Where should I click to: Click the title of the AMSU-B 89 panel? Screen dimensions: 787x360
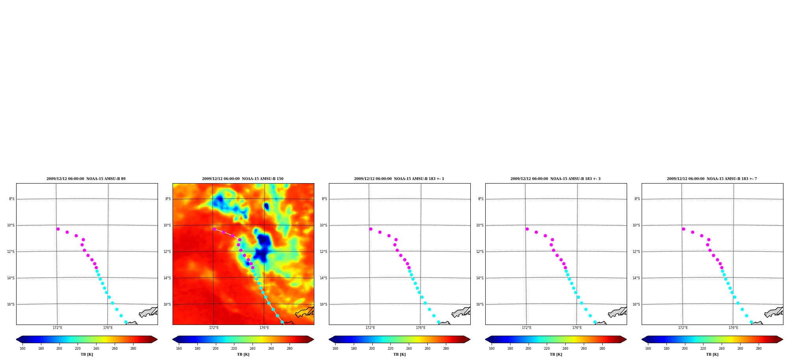(86, 179)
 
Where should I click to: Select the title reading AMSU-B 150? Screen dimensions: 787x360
(243, 179)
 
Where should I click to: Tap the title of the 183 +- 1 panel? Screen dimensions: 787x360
(399, 179)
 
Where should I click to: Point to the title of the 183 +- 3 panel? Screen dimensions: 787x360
(555, 179)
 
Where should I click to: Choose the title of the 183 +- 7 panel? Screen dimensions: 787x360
(712, 179)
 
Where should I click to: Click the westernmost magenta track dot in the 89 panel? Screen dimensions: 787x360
(58, 229)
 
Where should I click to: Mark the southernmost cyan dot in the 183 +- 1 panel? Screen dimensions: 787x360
(438, 322)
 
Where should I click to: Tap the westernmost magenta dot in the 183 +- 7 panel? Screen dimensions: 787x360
(683, 229)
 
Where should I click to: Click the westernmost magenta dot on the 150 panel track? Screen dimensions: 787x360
(214, 229)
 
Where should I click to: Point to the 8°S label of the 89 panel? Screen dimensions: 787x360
(11, 199)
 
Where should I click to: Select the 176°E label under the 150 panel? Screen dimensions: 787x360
(264, 328)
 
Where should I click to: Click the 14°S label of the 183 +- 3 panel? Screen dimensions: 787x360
(480, 278)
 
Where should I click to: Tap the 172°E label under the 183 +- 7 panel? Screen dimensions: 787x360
(683, 328)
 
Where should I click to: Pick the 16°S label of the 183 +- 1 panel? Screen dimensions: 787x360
(323, 304)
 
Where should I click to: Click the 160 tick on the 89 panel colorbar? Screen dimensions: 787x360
(22, 349)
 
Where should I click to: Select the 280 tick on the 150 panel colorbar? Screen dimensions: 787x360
(290, 349)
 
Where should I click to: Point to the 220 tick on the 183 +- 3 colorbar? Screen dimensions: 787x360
(547, 349)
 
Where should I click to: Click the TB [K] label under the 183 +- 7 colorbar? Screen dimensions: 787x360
(712, 354)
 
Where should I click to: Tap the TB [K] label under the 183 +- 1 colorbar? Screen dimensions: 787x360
(399, 354)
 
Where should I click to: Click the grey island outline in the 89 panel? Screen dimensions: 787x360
(148, 312)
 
